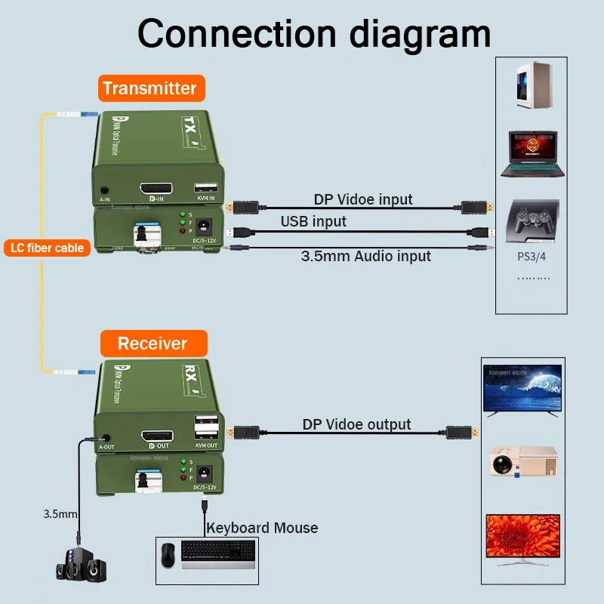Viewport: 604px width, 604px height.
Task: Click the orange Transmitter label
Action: [x=149, y=88]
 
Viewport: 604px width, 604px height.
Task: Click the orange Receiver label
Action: [x=152, y=344]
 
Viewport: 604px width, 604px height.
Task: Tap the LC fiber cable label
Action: [x=48, y=248]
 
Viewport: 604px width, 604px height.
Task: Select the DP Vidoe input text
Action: [x=363, y=199]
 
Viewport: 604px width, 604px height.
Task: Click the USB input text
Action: [x=313, y=221]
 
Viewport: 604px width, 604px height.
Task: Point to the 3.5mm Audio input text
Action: [x=365, y=256]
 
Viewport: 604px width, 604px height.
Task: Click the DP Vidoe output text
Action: [x=356, y=424]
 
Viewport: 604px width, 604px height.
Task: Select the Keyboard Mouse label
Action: [x=262, y=528]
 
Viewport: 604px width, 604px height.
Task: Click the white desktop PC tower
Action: [x=531, y=85]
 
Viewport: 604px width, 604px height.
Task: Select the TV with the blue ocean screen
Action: [x=522, y=390]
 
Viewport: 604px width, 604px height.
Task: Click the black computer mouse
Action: [x=168, y=556]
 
